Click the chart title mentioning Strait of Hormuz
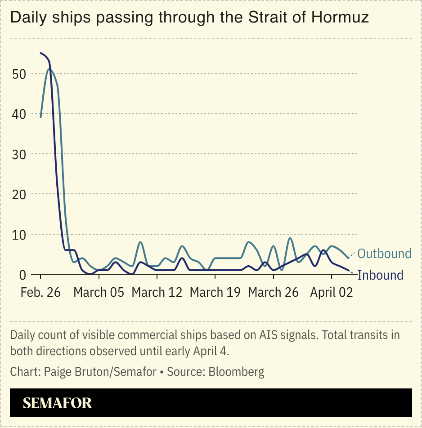[x=189, y=18]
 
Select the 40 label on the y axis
[x=18, y=114]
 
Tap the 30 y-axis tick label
[x=18, y=154]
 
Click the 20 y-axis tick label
[x=18, y=194]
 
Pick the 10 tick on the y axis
[x=18, y=234]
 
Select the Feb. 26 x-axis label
[x=40, y=292]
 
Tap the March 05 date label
[x=99, y=292]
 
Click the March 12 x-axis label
[x=157, y=292]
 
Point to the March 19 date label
[x=215, y=292]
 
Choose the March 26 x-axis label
[x=273, y=292]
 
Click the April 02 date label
[x=332, y=292]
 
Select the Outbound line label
[x=384, y=254]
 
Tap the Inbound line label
[x=380, y=275]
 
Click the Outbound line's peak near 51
[x=49, y=69]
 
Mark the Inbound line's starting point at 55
[x=40, y=53]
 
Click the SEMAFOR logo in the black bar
[x=57, y=403]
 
